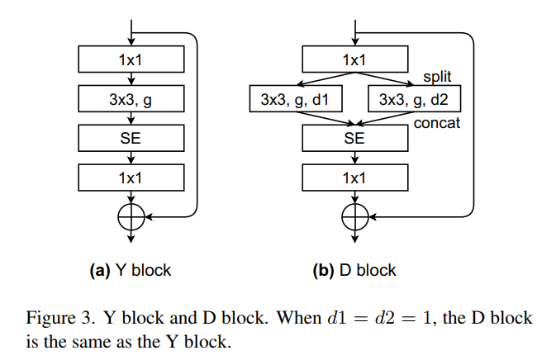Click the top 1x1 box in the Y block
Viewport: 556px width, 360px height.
(x=131, y=59)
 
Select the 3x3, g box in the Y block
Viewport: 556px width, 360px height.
(x=131, y=99)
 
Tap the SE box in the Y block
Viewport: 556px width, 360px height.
(x=131, y=139)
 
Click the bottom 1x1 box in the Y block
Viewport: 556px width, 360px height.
(x=131, y=178)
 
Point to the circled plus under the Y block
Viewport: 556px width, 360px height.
(x=131, y=216)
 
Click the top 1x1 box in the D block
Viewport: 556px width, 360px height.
(x=354, y=59)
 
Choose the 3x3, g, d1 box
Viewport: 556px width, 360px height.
(x=295, y=100)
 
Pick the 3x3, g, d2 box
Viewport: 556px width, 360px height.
(x=414, y=100)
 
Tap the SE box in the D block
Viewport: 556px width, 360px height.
(x=354, y=139)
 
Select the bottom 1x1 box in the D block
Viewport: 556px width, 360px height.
(x=354, y=178)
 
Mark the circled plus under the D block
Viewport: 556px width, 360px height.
(x=354, y=216)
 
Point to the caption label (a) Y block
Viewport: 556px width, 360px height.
(x=131, y=270)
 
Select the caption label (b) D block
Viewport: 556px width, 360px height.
(x=354, y=270)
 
